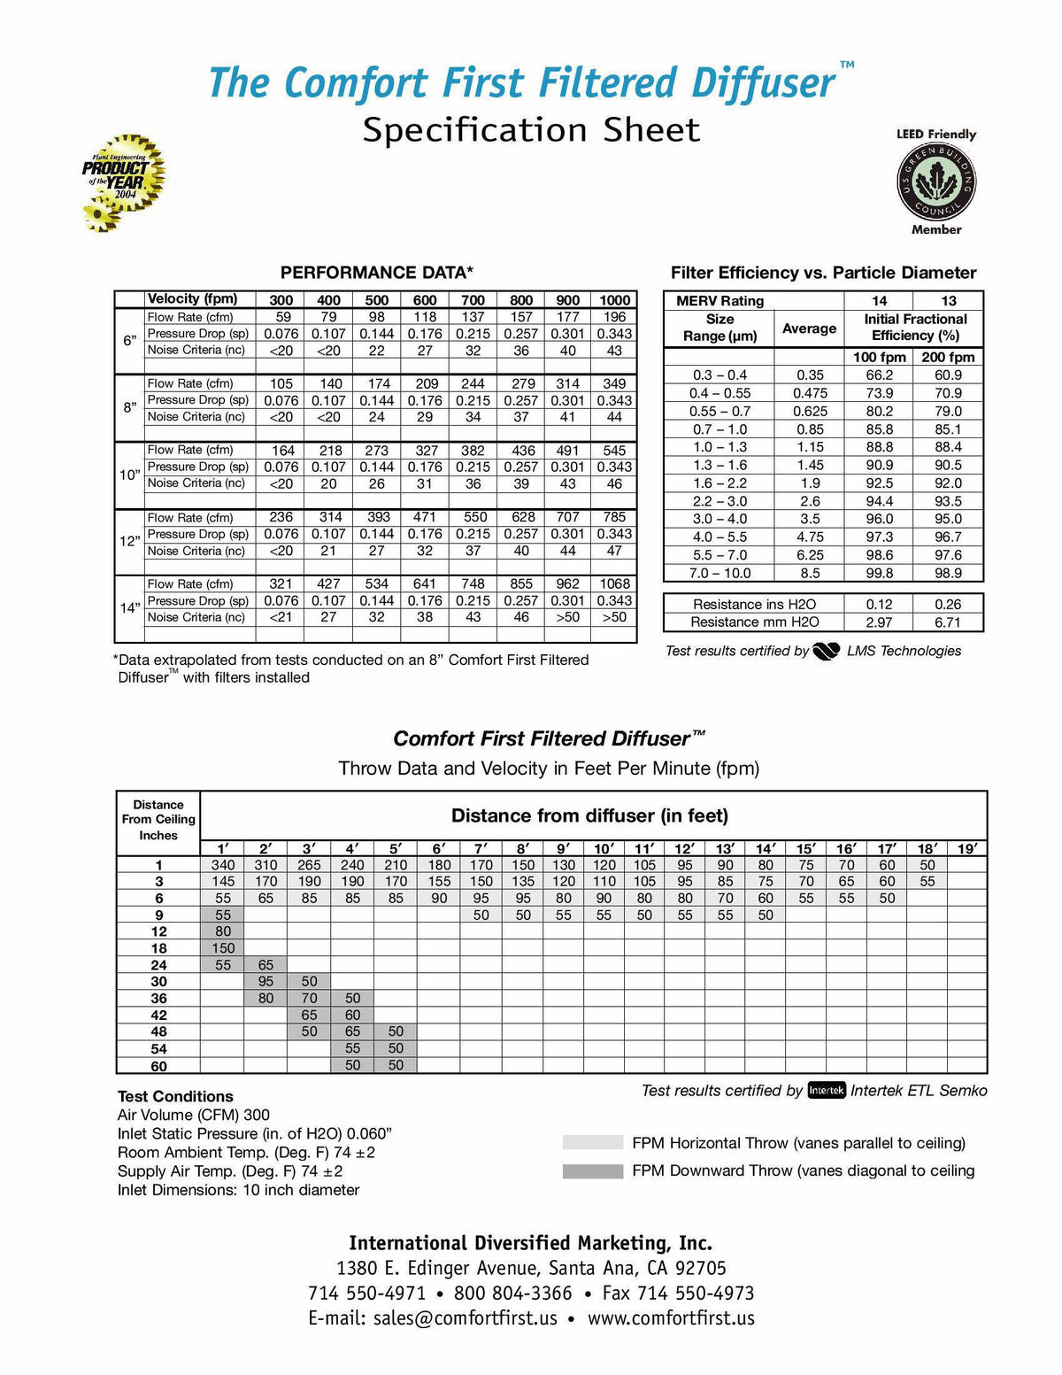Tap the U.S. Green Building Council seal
click(x=936, y=184)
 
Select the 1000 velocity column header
click(x=614, y=300)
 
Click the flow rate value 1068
click(x=614, y=584)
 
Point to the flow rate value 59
click(x=281, y=317)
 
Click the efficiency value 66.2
click(x=879, y=375)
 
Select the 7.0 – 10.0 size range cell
click(x=720, y=573)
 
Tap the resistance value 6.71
click(x=947, y=622)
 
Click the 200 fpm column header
click(x=948, y=358)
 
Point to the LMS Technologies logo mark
click(x=826, y=652)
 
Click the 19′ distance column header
click(x=966, y=849)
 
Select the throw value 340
click(x=223, y=865)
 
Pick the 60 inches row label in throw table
click(x=158, y=1066)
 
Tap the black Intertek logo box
click(x=827, y=1091)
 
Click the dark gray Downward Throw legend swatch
click(x=593, y=1171)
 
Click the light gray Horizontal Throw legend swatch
click(x=593, y=1143)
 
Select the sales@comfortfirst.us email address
click(x=465, y=1318)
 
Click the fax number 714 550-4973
click(x=678, y=1294)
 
